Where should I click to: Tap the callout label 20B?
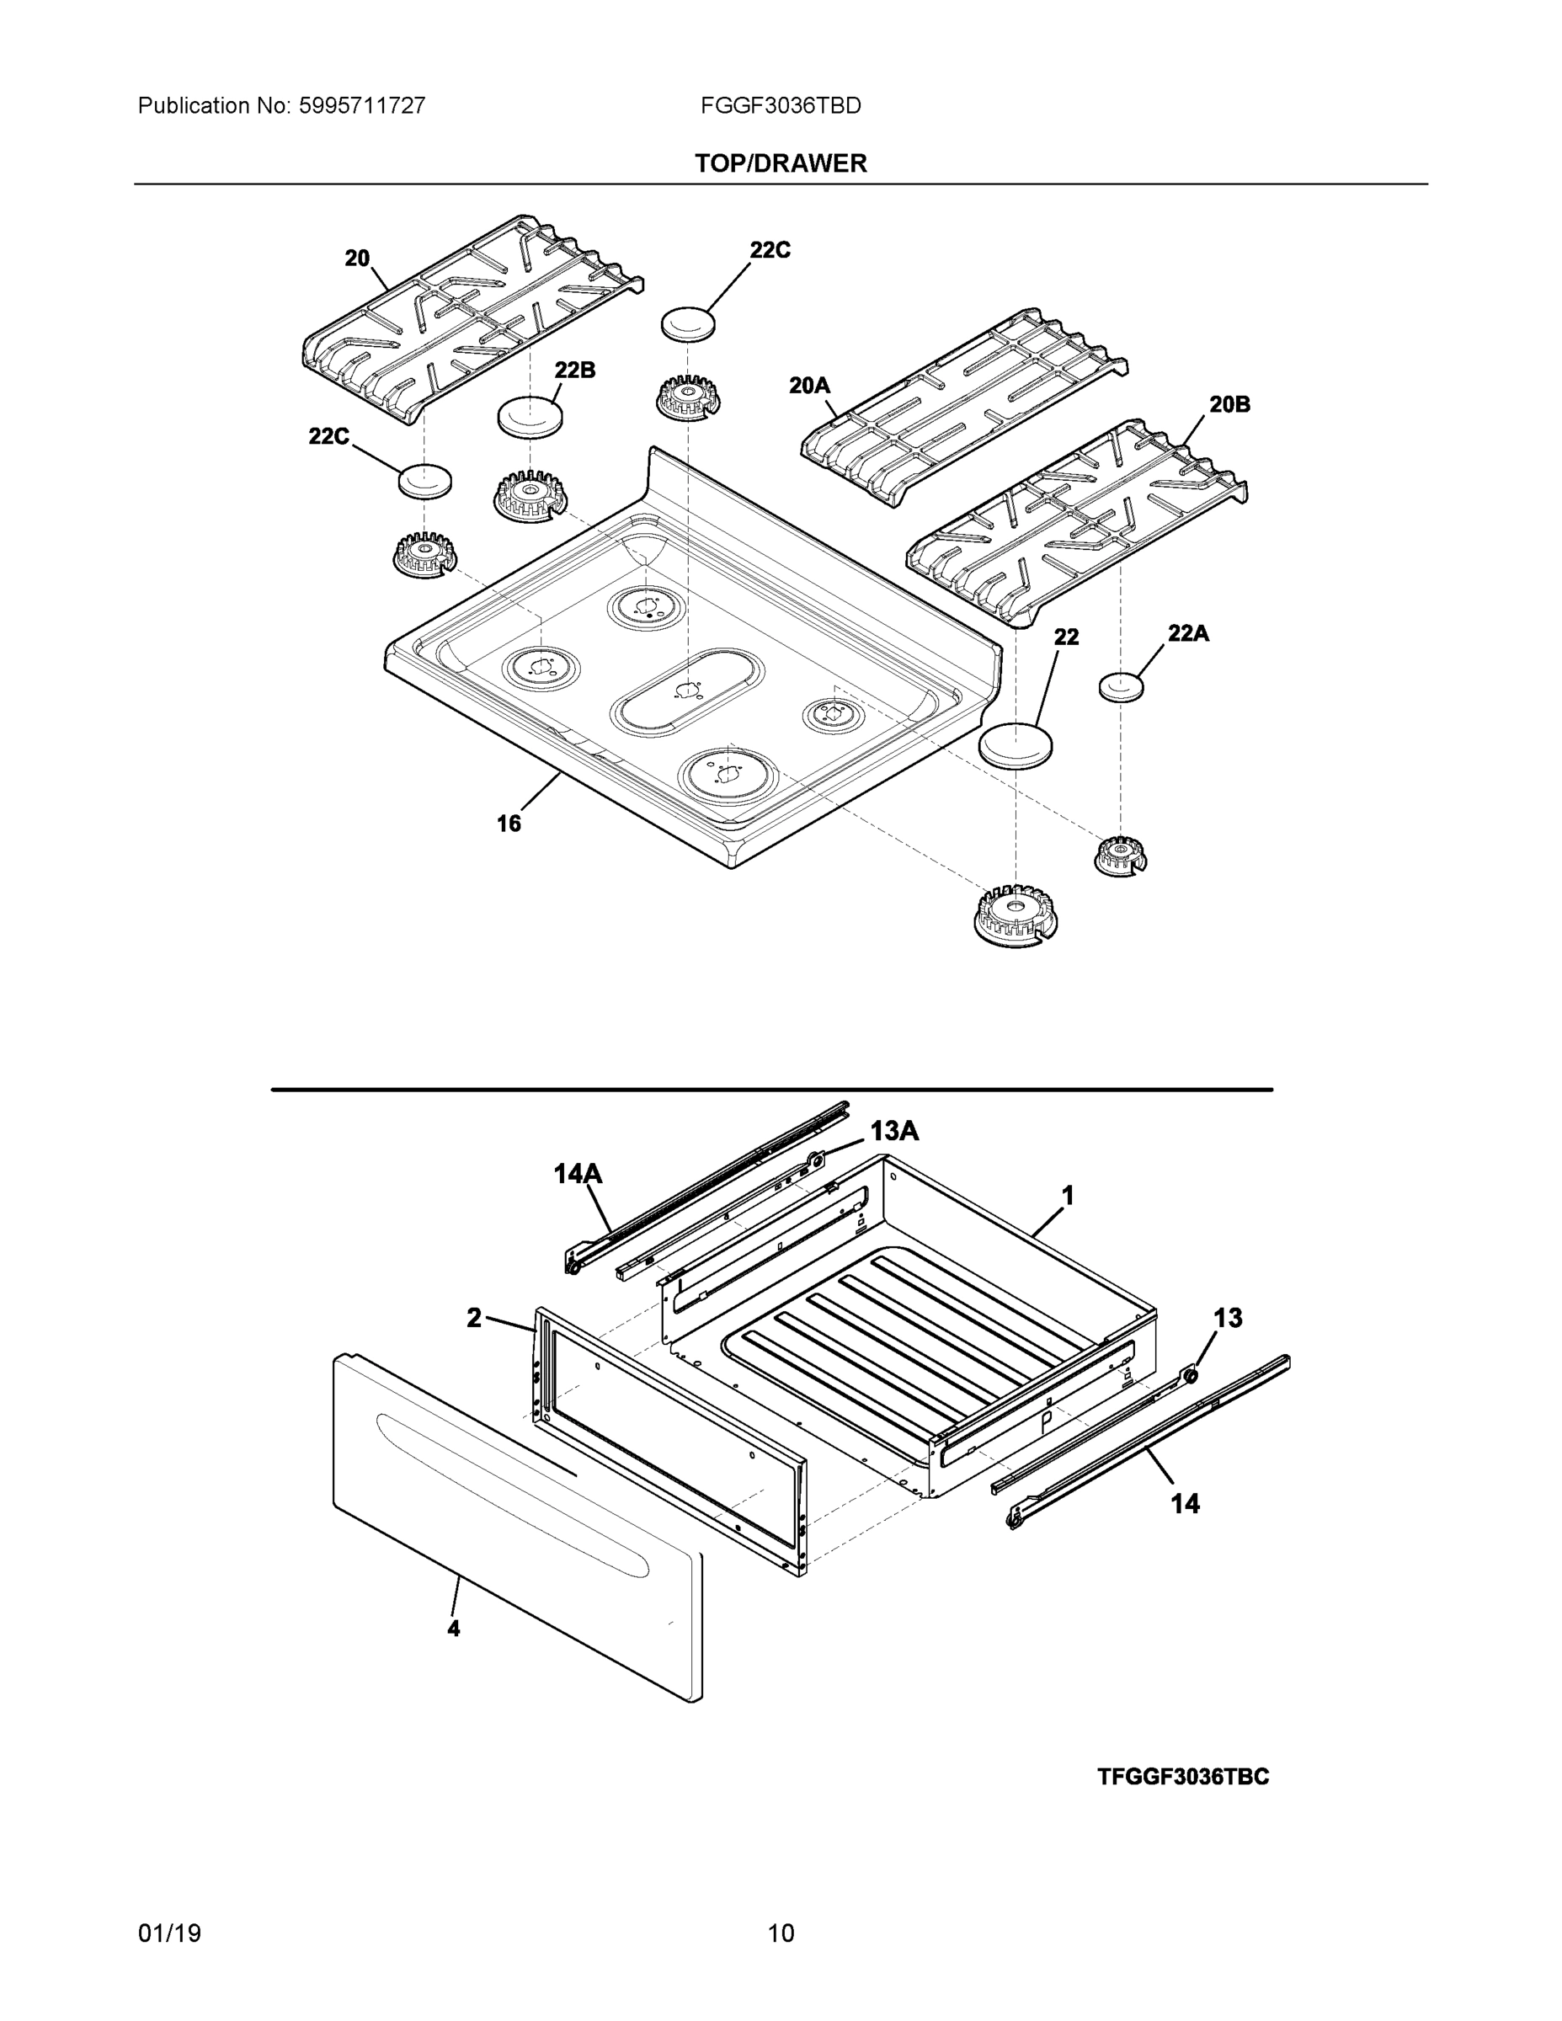pos(1229,404)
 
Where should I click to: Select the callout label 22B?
pos(574,371)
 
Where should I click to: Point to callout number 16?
pos(509,823)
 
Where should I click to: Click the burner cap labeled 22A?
pos(1121,687)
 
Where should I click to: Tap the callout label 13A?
pos(894,1131)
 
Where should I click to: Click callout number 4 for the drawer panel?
pos(453,1628)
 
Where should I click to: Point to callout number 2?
pos(474,1318)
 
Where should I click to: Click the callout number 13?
pos(1227,1318)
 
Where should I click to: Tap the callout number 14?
pos(1186,1504)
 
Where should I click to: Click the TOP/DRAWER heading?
pos(780,164)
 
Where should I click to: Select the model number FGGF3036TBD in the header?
pos(780,106)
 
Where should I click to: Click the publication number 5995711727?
pos(362,106)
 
